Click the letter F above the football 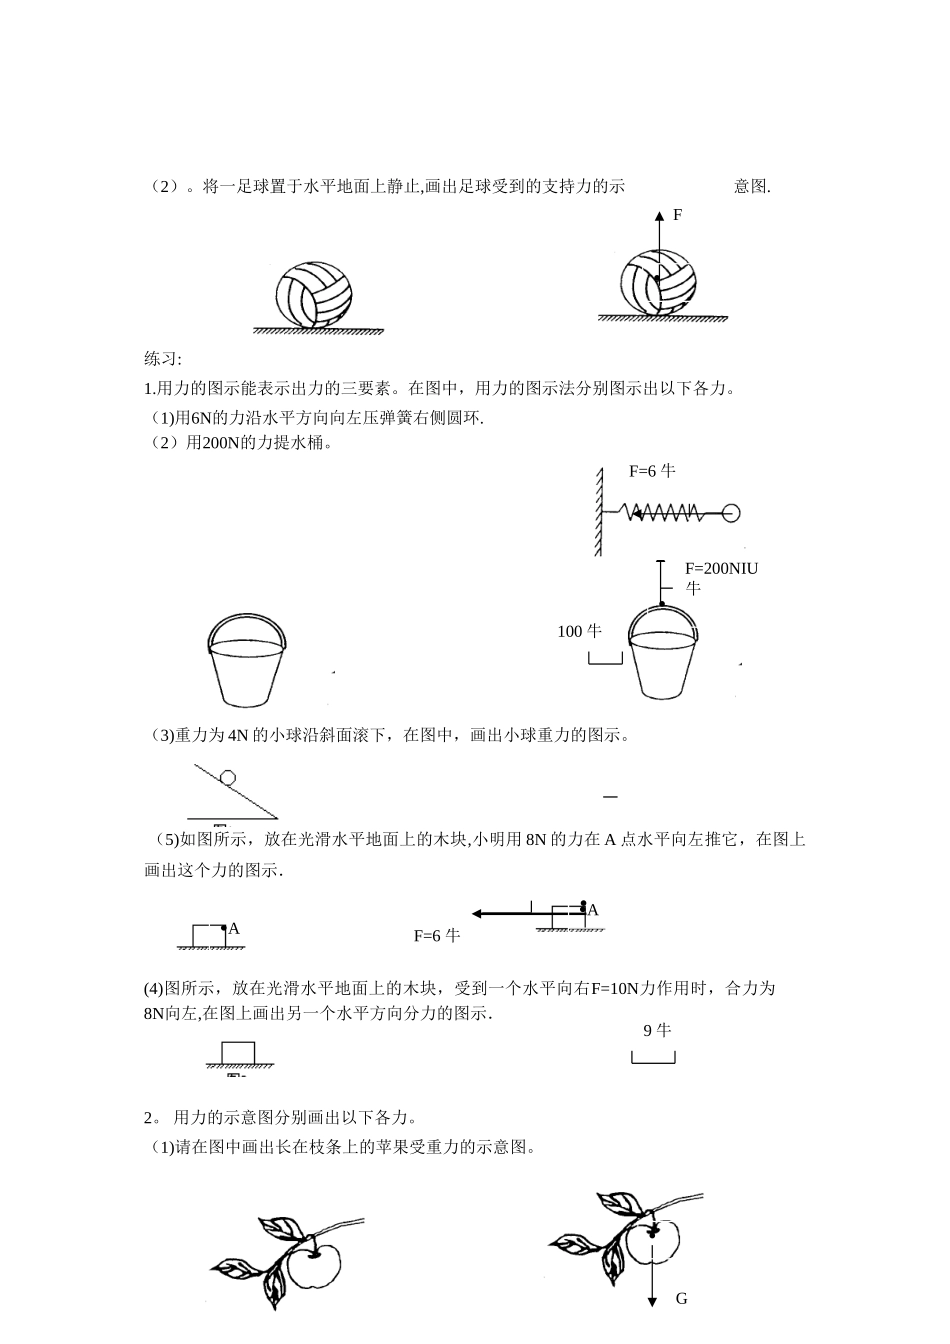pos(677,215)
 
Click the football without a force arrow pos(315,295)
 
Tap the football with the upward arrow pos(657,283)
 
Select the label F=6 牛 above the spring pos(652,470)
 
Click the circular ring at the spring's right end pos(730,513)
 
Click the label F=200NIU pos(721,568)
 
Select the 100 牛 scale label pos(579,631)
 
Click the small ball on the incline pos(228,776)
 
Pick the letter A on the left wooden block pos(234,929)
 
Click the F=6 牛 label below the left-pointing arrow pos(436,936)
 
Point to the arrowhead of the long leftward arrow pos(479,912)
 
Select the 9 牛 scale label pos(657,1030)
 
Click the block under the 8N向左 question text pos(238,1052)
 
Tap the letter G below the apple pos(682,1299)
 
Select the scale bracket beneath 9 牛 pos(653,1058)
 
